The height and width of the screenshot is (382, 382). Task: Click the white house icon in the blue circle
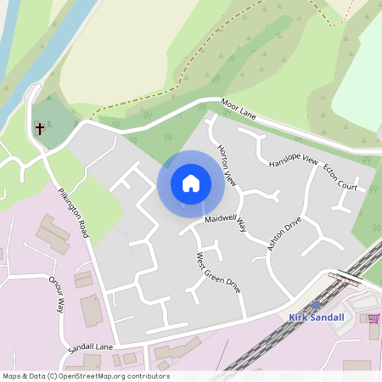pos(190,183)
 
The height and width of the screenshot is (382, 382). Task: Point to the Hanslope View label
pos(292,161)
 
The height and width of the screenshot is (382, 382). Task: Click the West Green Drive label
pos(218,272)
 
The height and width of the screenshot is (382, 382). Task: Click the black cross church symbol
pos(39,129)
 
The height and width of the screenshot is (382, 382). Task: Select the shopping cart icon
pos(373,318)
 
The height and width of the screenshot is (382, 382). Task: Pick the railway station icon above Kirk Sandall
pos(317,304)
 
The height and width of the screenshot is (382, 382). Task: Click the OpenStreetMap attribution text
pos(86,376)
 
